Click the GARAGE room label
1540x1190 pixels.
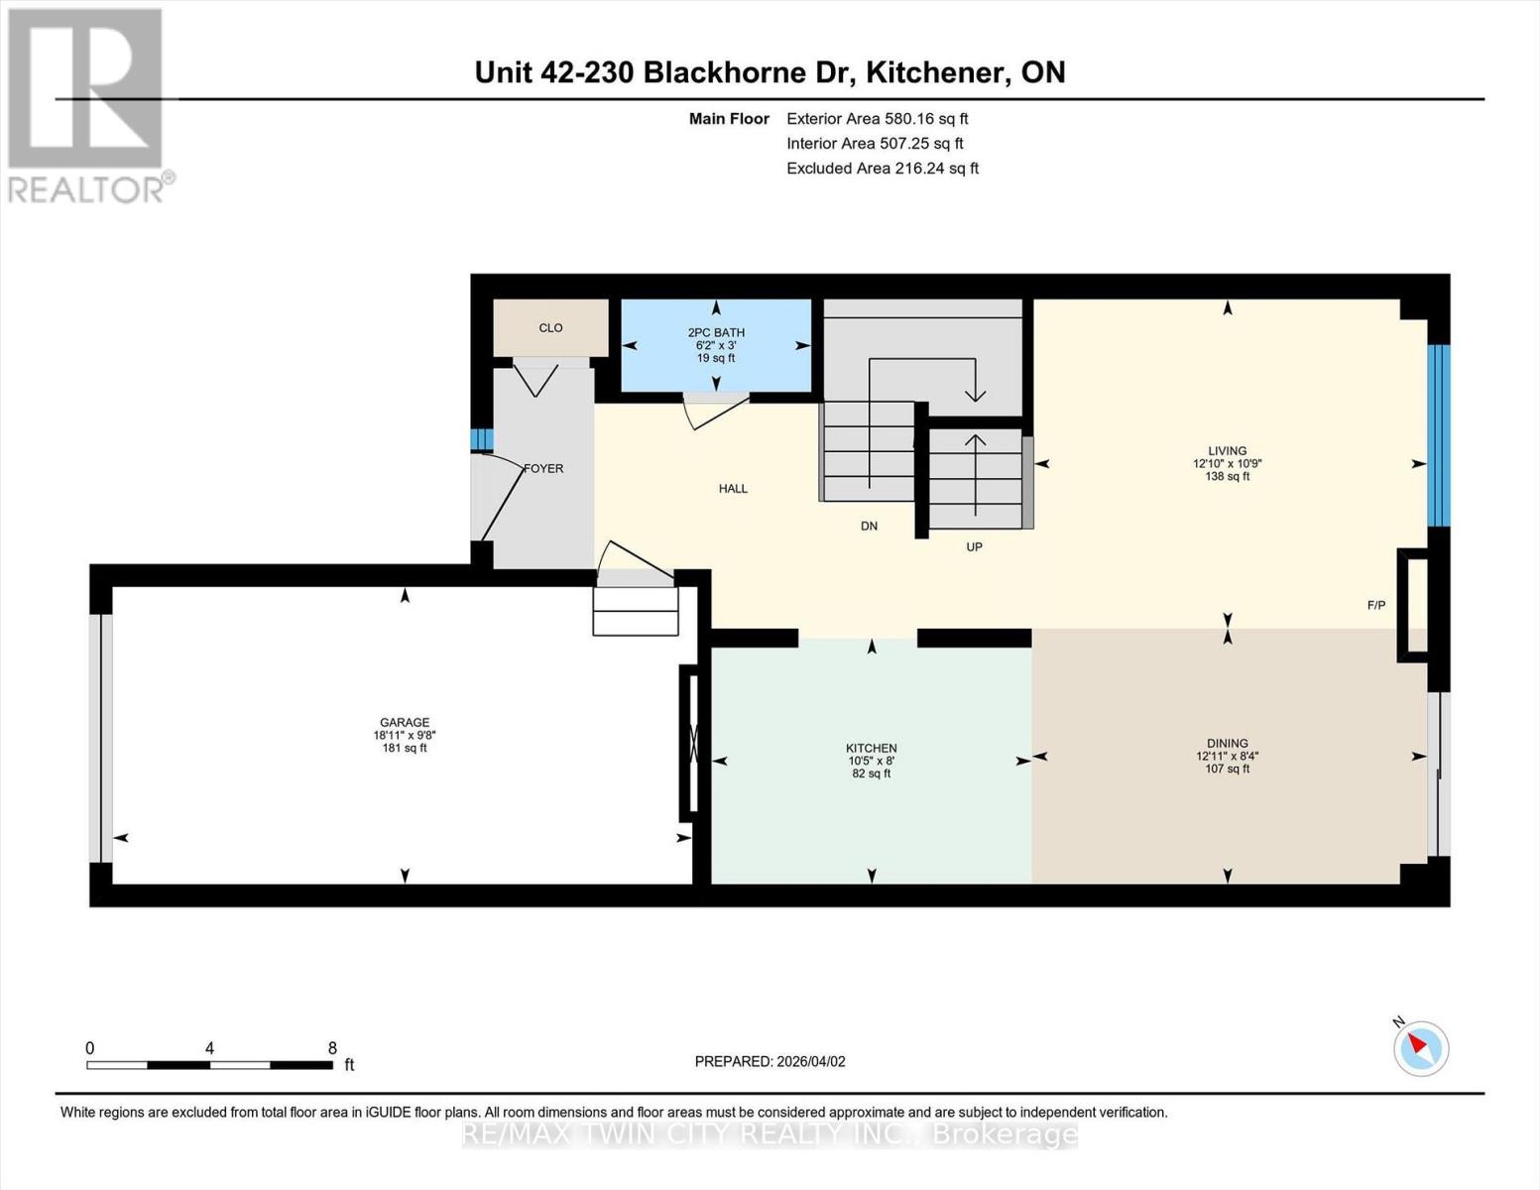[405, 723]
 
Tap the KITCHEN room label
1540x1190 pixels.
[871, 749]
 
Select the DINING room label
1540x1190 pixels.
[1227, 744]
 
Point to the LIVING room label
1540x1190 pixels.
[1227, 451]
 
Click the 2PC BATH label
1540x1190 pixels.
[716, 333]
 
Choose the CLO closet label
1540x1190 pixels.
[550, 328]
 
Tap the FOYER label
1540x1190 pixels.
[543, 468]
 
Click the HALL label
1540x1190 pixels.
[733, 489]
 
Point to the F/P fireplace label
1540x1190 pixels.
[1375, 605]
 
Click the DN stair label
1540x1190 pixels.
[869, 527]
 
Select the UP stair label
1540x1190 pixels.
[974, 547]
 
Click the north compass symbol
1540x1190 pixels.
[1420, 1047]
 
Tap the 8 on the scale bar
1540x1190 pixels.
[332, 1048]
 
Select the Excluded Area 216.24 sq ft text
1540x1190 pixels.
[882, 169]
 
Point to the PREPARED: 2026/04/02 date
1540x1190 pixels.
[770, 1061]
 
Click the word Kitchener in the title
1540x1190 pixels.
[932, 72]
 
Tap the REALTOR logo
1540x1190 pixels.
[87, 104]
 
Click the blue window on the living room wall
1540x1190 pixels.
[1438, 434]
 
